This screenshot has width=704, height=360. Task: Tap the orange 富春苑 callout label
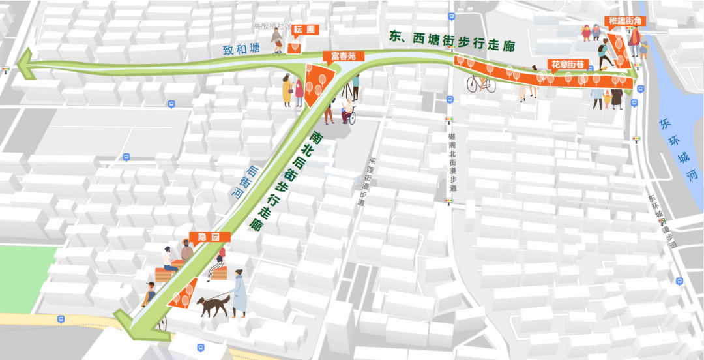pos(343,56)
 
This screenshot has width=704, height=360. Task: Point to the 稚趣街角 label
pos(625,21)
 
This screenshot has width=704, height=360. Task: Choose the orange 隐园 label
pos(201,237)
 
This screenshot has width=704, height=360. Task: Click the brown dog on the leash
pos(214,305)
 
